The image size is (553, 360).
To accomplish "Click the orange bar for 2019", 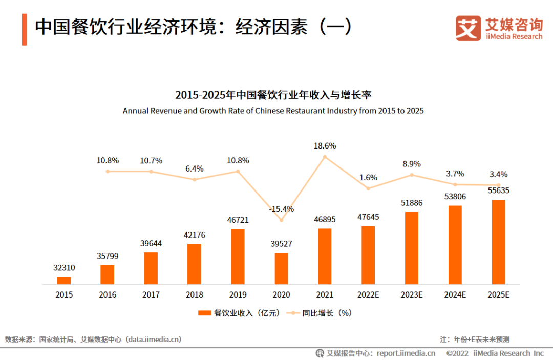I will pos(238,257).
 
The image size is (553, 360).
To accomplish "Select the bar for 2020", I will pos(281,268).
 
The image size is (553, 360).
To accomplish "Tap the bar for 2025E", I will pos(498,242).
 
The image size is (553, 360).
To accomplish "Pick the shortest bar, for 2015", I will pos(64,280).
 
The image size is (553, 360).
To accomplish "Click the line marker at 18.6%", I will pos(325,157).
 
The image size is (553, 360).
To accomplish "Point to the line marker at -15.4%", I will pos(281,220).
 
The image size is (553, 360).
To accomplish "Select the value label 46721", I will pos(238,220).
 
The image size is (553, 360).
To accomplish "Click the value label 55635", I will pos(498,190).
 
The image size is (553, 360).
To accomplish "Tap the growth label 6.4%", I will pos(195,168).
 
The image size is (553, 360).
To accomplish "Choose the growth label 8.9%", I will pos(412,164).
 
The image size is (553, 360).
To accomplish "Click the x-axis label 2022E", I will pos(368,295).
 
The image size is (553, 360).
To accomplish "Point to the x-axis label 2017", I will pos(151,295).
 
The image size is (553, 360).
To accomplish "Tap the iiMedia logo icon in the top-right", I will pos(468,28).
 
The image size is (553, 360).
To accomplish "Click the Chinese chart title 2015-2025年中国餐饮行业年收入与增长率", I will pos(273,95).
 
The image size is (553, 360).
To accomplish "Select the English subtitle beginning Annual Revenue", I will pos(273,111).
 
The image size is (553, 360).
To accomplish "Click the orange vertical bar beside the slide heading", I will pos(24,29).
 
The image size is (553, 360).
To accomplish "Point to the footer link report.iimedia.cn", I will pos(406,353).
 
